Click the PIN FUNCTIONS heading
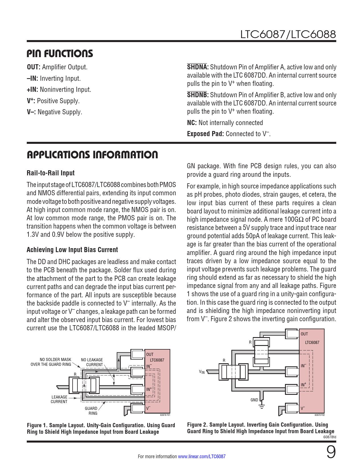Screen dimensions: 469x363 click(x=60, y=54)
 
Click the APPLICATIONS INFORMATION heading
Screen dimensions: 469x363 click(x=92, y=155)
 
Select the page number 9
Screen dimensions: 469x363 click(x=331, y=452)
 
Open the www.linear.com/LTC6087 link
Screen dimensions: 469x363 click(x=202, y=456)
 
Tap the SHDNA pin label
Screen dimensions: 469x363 click(x=198, y=67)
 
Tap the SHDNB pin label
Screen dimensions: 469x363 click(x=198, y=95)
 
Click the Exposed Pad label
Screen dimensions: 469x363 click(x=205, y=134)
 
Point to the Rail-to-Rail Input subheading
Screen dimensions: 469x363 click(x=50, y=173)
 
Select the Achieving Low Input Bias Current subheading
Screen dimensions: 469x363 click(x=72, y=250)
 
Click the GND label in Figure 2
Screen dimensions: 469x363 click(x=254, y=400)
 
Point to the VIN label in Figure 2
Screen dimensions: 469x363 click(x=202, y=372)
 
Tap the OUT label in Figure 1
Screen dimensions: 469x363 click(x=150, y=354)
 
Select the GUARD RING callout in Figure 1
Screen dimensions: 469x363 click(x=91, y=411)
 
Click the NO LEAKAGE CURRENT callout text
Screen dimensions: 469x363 click(x=92, y=362)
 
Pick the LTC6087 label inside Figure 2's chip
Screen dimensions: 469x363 click(x=312, y=343)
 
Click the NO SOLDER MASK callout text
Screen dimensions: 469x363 click(x=51, y=362)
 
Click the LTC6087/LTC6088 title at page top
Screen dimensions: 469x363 click(x=288, y=35)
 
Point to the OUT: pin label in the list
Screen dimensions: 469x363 click(x=34, y=67)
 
